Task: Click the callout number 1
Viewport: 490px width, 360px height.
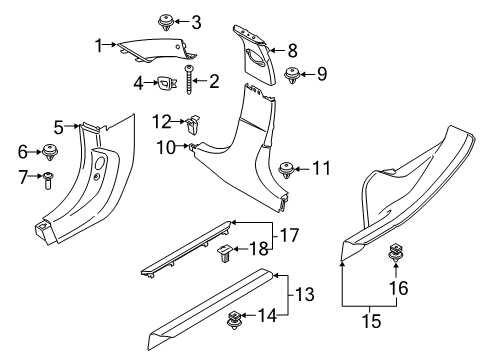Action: point(99,45)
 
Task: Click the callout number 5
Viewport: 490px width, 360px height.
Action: point(59,127)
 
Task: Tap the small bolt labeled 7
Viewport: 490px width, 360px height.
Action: point(49,179)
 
